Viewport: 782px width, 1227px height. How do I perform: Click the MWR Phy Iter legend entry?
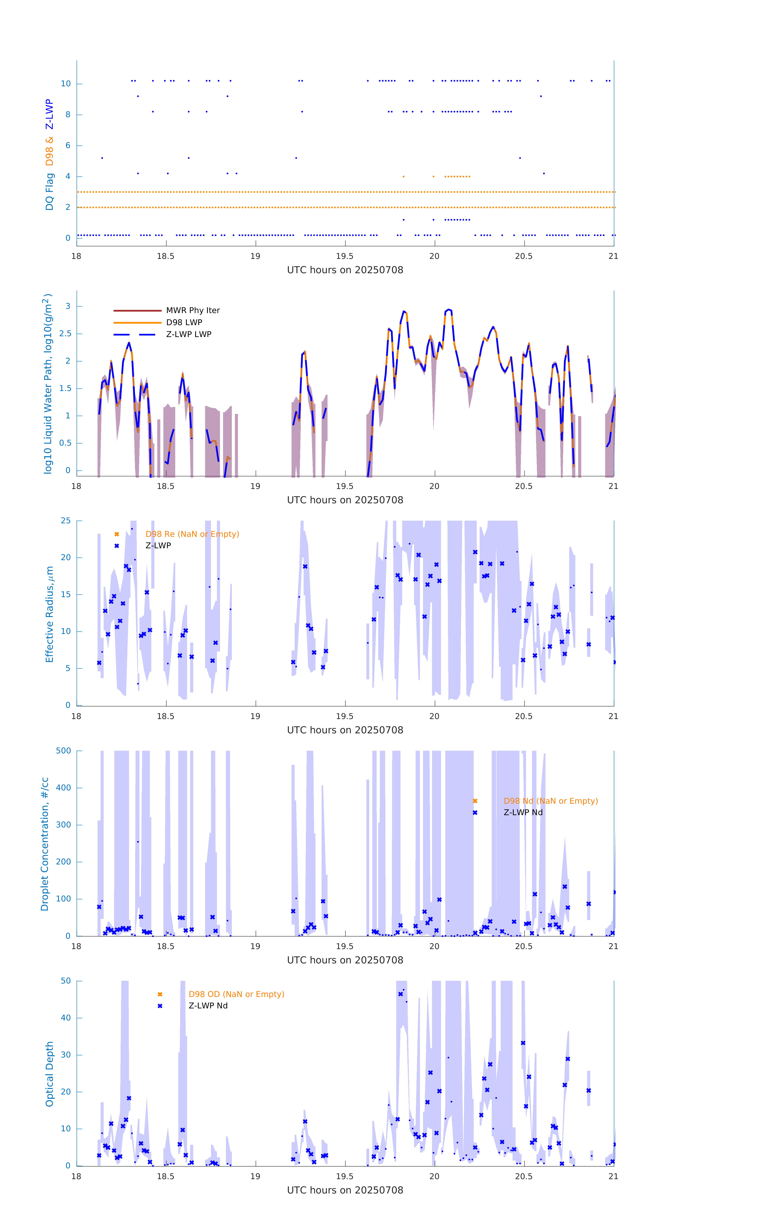click(193, 310)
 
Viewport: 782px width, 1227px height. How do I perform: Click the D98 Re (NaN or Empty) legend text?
click(192, 534)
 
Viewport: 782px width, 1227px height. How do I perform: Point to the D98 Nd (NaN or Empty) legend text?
click(550, 801)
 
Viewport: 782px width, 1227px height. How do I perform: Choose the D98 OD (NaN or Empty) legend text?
click(236, 994)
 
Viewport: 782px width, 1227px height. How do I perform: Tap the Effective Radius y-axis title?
click(49, 614)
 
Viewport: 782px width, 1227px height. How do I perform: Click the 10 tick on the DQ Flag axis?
click(66, 84)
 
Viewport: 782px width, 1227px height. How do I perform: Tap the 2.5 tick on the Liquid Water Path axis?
click(65, 334)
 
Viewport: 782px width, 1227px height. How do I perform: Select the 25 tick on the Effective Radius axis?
click(66, 521)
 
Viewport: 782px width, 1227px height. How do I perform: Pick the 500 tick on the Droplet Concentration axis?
click(64, 751)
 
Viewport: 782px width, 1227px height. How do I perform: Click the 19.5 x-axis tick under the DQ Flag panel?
click(345, 256)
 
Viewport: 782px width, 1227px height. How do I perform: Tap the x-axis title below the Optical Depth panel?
click(345, 1190)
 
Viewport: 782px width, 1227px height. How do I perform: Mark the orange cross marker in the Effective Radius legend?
click(117, 534)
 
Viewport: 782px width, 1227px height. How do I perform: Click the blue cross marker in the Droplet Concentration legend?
click(475, 813)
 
